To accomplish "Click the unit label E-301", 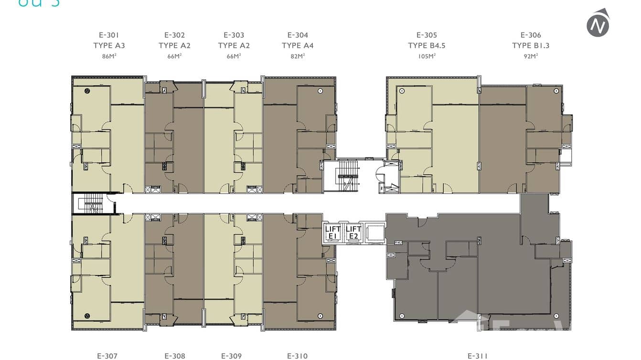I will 109,35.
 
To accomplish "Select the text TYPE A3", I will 109,46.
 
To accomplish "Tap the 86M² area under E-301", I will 109,56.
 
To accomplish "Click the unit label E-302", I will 174,35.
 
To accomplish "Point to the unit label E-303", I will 234,35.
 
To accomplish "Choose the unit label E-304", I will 298,35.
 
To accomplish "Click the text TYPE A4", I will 298,46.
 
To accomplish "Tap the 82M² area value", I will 298,56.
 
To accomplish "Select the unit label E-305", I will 427,35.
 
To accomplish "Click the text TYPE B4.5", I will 427,46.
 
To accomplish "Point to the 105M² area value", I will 427,56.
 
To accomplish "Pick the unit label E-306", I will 531,35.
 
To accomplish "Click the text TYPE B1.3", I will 531,46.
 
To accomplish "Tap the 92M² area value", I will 531,56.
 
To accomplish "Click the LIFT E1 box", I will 333,233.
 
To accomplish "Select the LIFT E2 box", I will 353,233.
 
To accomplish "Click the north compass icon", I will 598,23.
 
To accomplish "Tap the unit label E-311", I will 477,356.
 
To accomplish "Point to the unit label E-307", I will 107,356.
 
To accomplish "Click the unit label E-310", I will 297,356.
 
